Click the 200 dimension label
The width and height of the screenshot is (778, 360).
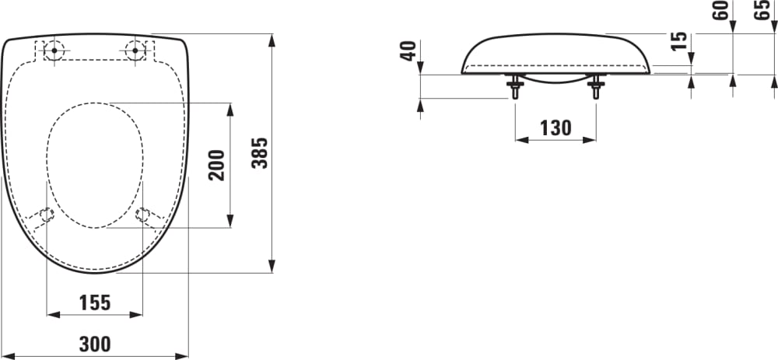(218, 165)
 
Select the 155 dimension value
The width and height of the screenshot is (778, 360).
(95, 302)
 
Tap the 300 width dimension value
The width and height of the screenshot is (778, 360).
(95, 343)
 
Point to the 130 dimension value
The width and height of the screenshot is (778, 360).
(555, 128)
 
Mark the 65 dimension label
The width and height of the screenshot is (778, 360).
(763, 11)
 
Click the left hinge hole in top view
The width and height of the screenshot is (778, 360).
(53, 51)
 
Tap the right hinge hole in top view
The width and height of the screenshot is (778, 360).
(135, 51)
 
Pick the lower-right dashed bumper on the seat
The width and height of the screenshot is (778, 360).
(143, 214)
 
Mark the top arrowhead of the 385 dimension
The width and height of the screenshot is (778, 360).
(272, 39)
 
